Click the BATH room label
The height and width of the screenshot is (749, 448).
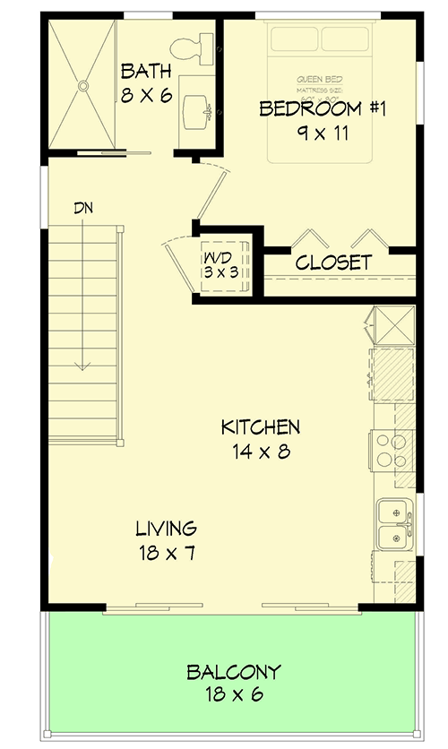coord(146,71)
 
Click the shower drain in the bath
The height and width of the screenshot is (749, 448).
coord(82,86)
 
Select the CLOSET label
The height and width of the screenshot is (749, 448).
coord(333,263)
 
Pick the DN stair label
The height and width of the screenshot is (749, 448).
coord(84,208)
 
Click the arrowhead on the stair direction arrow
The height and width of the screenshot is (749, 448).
coord(83,365)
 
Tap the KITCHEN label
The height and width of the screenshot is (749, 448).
coord(261,427)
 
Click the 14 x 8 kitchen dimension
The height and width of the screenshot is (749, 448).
coord(260,452)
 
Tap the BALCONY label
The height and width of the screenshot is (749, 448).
coord(233,671)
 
